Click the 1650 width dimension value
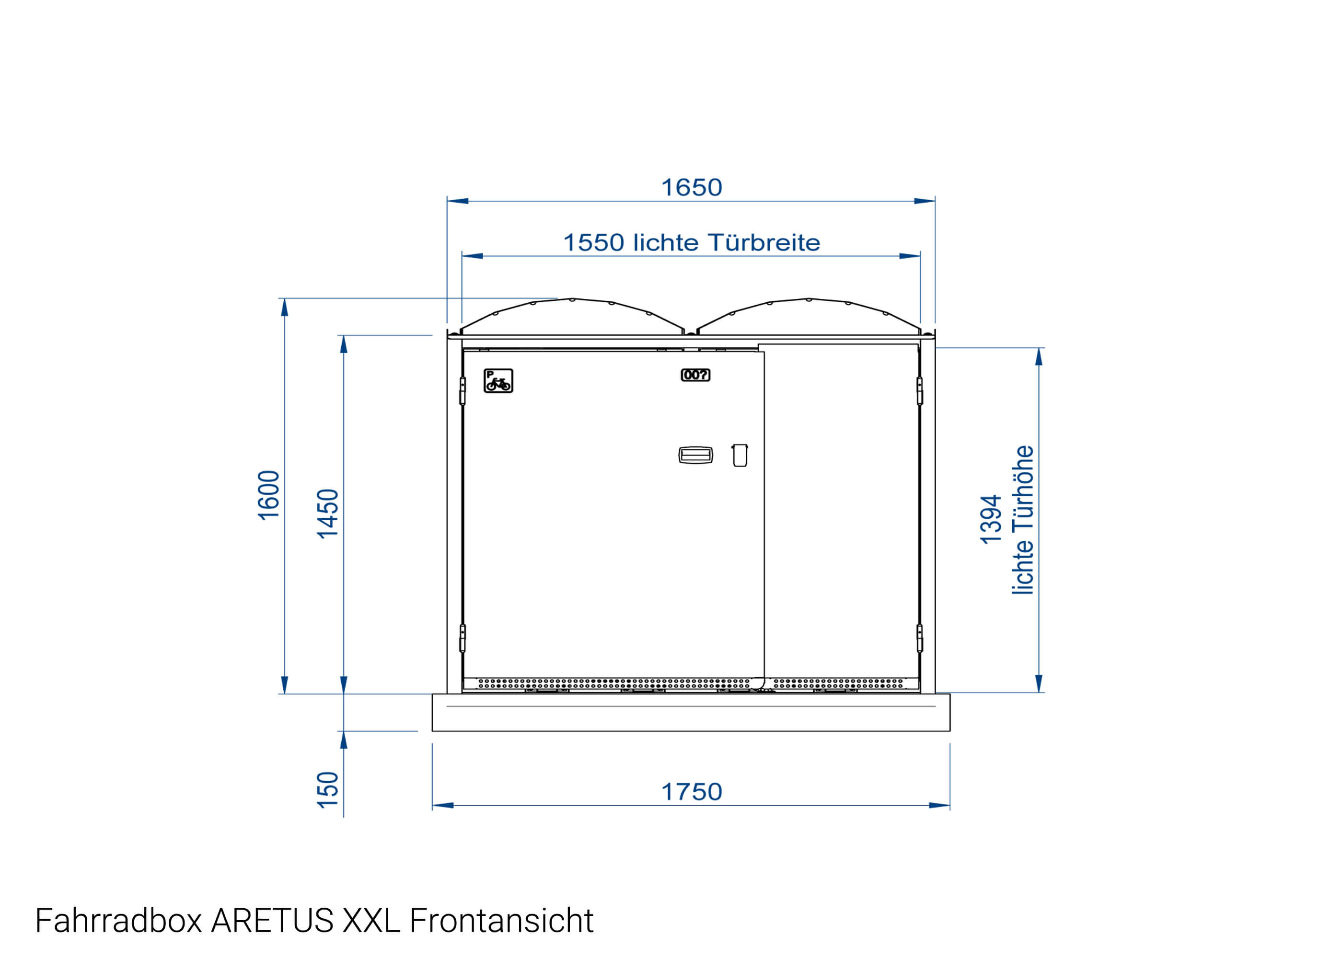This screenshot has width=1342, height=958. click(691, 188)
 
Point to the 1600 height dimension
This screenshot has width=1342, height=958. click(268, 495)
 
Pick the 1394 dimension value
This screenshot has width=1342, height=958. click(991, 519)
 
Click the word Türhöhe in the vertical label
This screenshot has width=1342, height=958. click(1023, 489)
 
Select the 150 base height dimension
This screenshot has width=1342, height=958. click(327, 790)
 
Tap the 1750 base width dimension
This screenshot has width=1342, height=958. click(691, 792)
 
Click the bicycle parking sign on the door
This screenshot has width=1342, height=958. click(498, 380)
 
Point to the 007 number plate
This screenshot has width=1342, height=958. click(695, 375)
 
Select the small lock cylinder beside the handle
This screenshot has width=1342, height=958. click(740, 455)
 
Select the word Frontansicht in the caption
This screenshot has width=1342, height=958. click(501, 920)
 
